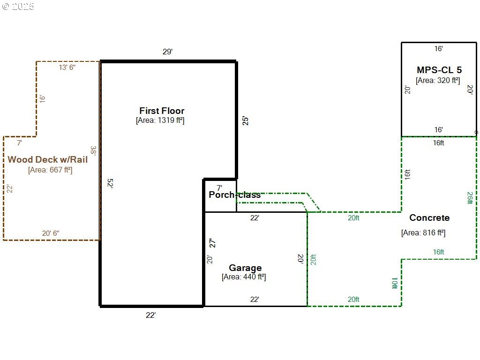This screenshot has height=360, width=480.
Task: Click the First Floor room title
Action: click(x=162, y=111)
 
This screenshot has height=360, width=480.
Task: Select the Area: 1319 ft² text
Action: click(x=160, y=120)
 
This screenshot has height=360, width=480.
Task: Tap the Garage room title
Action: click(x=245, y=268)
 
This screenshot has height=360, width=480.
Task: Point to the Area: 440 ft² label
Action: click(x=244, y=277)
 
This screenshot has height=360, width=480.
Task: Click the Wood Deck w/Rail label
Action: click(x=47, y=159)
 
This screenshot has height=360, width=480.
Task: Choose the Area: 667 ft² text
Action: click(x=50, y=170)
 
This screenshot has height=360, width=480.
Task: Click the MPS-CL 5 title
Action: click(x=439, y=70)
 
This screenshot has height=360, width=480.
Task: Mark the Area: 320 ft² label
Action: click(x=438, y=81)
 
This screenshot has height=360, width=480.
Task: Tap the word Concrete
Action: click(x=429, y=217)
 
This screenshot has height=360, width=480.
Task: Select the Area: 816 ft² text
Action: click(x=423, y=232)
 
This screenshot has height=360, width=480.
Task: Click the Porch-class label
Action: click(x=234, y=195)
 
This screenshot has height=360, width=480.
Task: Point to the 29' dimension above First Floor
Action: click(x=167, y=52)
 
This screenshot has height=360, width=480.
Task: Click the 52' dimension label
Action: click(x=111, y=183)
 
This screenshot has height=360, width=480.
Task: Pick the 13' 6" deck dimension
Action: click(x=67, y=67)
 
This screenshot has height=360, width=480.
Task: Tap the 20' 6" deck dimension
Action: click(x=51, y=233)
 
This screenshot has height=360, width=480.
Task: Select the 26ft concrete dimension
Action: click(x=470, y=198)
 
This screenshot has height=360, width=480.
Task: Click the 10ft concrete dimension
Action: click(x=395, y=283)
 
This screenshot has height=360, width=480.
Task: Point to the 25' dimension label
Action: click(x=246, y=120)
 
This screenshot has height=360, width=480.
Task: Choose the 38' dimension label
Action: click(x=94, y=150)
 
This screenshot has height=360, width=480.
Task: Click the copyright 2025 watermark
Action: click(x=18, y=7)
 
